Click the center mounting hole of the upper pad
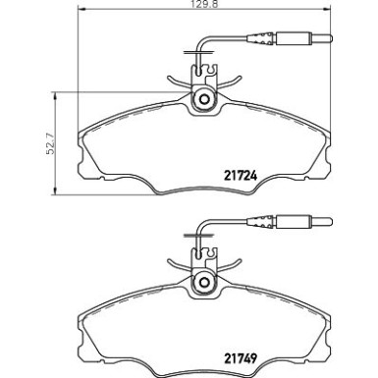204,100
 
